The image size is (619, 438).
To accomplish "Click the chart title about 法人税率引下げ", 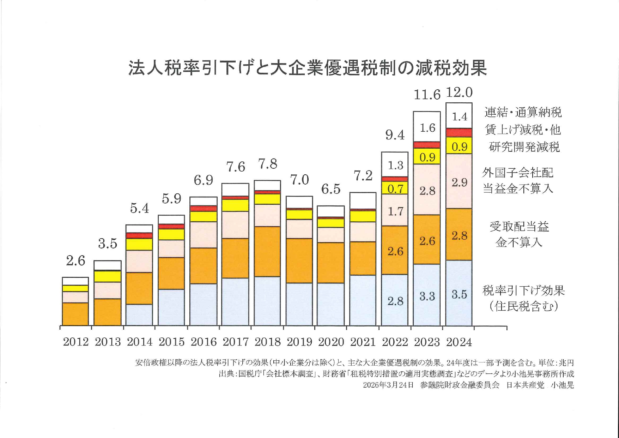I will pyautogui.click(x=308, y=68).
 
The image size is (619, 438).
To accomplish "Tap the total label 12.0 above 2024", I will pyautogui.click(x=459, y=92).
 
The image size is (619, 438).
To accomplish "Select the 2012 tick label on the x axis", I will pyautogui.click(x=76, y=342).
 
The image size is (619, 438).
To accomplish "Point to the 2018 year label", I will pyautogui.click(x=267, y=342).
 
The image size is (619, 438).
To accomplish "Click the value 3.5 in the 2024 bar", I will pyautogui.click(x=459, y=294).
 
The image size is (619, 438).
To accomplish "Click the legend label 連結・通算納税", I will pyautogui.click(x=523, y=113).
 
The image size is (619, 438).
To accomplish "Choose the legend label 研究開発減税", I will pyautogui.click(x=524, y=147).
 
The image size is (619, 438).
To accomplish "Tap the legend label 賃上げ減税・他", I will pyautogui.click(x=523, y=130).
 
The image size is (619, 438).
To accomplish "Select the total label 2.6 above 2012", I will pyautogui.click(x=76, y=261).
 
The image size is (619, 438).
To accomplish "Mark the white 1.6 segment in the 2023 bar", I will pyautogui.click(x=427, y=127).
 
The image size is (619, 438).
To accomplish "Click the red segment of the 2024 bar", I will pyautogui.click(x=459, y=133).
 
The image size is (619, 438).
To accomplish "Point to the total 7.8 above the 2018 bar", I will pyautogui.click(x=268, y=164).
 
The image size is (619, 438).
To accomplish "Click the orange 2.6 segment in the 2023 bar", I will pyautogui.click(x=427, y=241).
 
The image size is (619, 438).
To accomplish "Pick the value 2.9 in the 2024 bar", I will pyautogui.click(x=459, y=182).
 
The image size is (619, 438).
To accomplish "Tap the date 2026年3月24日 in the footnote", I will pyautogui.click(x=388, y=385).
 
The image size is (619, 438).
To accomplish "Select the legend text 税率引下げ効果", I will pyautogui.click(x=523, y=290).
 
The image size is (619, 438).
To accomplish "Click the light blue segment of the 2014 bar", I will pyautogui.click(x=139, y=315).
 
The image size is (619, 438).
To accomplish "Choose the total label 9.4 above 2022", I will pyautogui.click(x=395, y=135).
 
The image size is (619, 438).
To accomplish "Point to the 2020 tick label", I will pyautogui.click(x=331, y=342).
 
